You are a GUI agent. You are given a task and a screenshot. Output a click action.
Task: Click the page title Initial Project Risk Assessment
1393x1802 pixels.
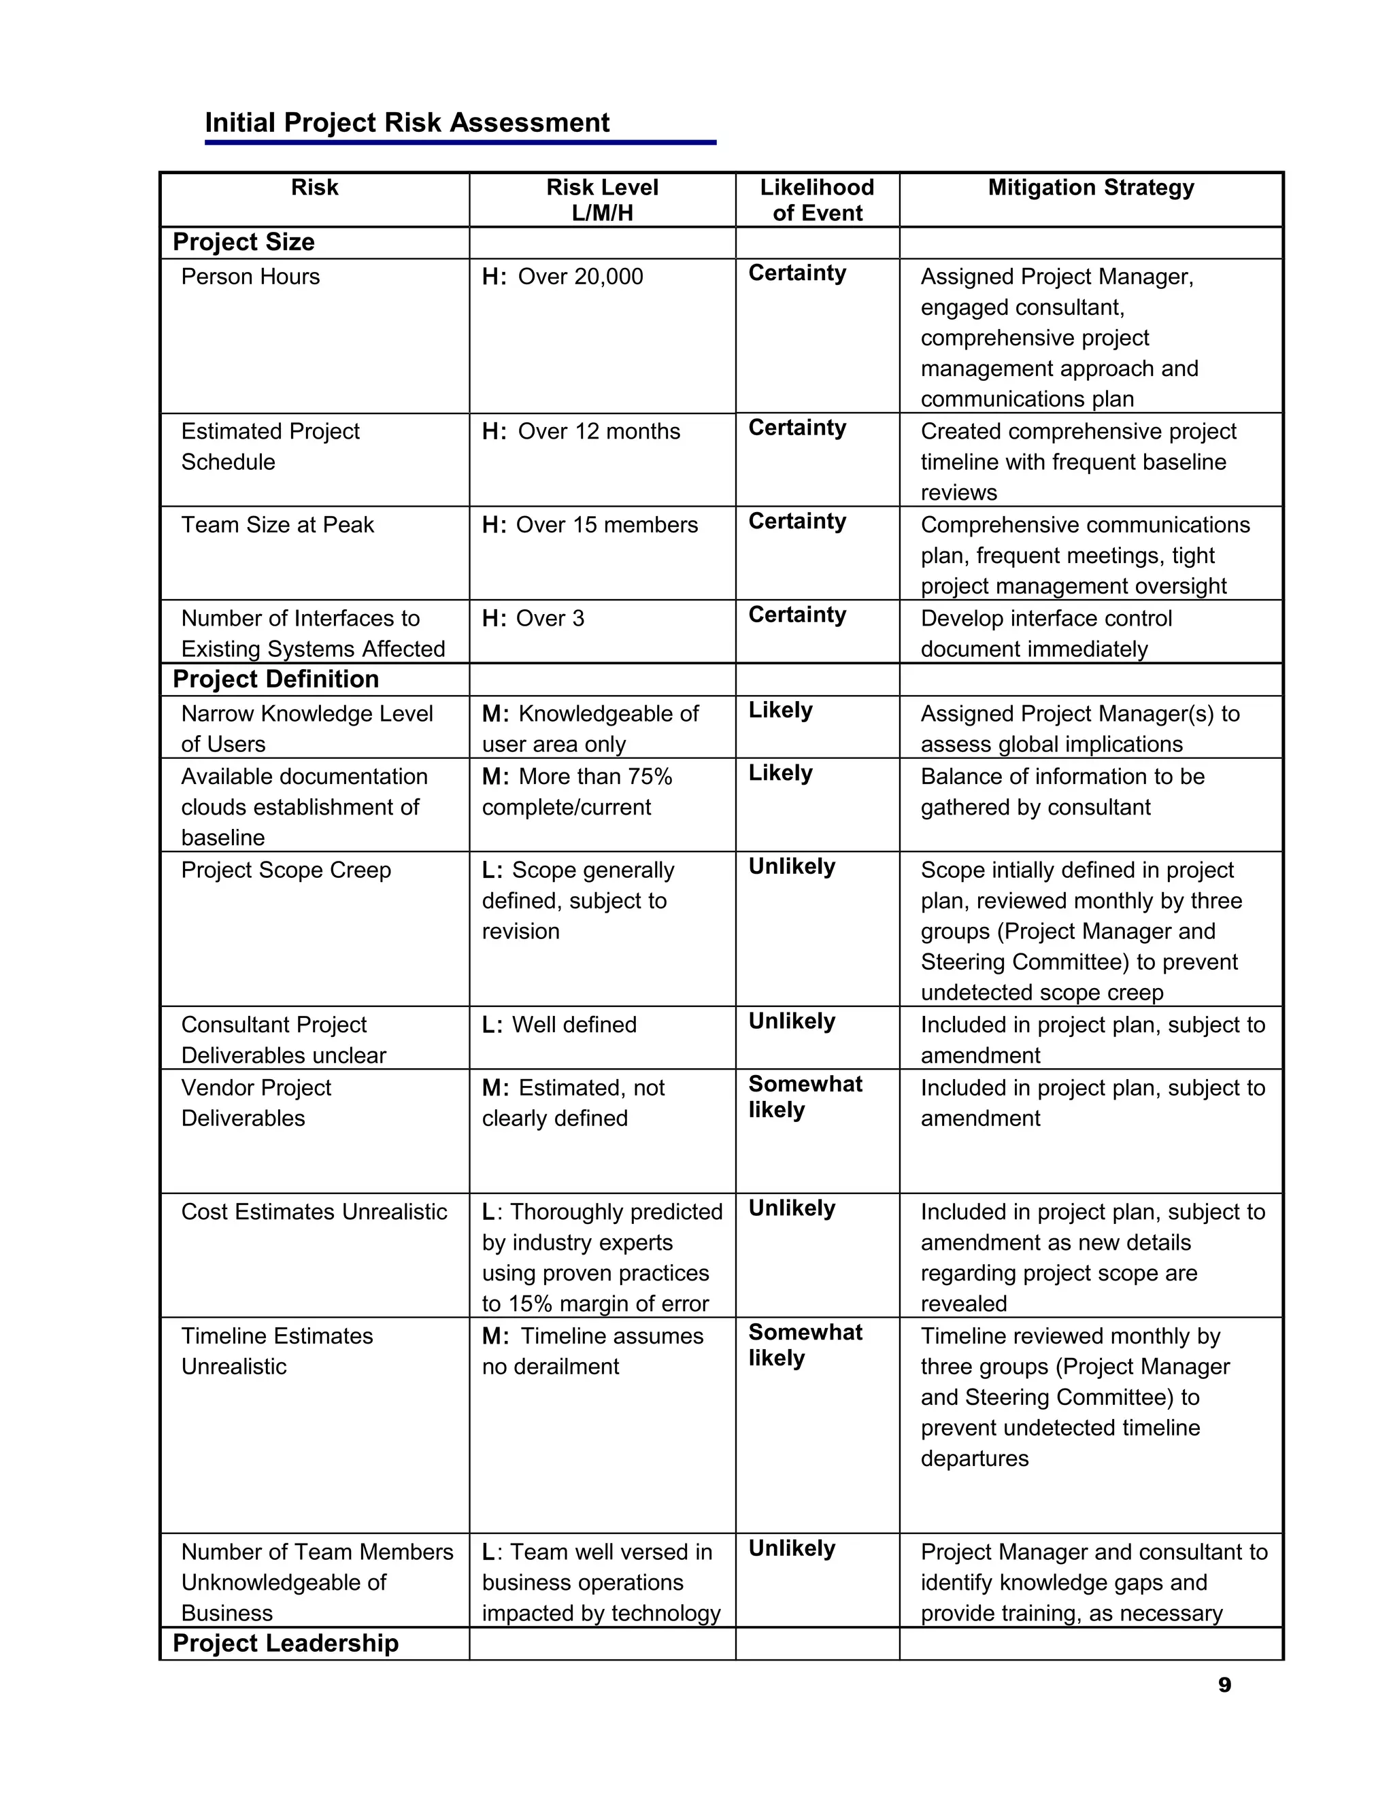point(407,123)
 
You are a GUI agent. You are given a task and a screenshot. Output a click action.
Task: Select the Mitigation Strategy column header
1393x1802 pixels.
point(1090,188)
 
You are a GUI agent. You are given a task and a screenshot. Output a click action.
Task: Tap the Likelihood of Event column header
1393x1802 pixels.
point(816,201)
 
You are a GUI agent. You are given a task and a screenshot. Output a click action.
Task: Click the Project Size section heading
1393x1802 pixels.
point(244,243)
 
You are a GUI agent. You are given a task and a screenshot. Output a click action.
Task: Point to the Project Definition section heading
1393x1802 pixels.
point(275,680)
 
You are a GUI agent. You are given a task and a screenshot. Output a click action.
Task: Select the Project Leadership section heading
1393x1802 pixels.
point(285,1644)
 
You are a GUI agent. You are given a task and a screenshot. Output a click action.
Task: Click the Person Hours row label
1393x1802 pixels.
point(250,277)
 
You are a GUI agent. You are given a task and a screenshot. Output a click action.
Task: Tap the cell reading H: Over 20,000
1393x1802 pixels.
point(562,277)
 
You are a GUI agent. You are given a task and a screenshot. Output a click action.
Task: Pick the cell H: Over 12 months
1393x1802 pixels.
point(581,432)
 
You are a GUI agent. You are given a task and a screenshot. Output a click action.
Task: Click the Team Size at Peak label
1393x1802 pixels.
point(278,526)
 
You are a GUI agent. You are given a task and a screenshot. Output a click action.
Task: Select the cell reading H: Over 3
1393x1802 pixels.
point(533,619)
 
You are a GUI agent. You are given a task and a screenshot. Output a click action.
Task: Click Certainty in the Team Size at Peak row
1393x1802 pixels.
point(797,522)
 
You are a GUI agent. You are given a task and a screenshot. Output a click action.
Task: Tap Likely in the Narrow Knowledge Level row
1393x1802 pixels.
point(780,711)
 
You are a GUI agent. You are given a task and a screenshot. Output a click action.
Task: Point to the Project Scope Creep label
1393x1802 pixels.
point(286,870)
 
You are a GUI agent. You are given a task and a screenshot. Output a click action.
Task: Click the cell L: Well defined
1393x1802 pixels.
point(558,1025)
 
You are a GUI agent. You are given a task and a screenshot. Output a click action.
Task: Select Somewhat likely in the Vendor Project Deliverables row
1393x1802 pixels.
point(804,1098)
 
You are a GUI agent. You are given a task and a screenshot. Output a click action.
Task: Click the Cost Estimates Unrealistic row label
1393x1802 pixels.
point(314,1212)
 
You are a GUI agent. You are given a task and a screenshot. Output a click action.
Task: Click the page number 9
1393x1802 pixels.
point(1224,1685)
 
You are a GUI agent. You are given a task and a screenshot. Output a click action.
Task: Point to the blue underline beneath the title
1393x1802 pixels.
point(460,143)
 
